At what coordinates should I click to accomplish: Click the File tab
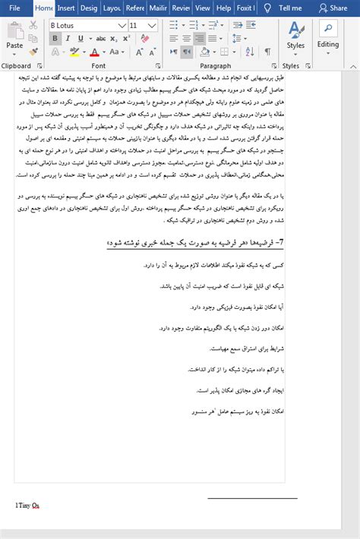pyautogui.click(x=14, y=8)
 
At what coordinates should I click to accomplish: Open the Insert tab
pyautogui.click(x=66, y=8)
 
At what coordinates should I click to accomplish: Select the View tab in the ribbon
pyautogui.click(x=203, y=8)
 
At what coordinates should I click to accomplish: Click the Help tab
pyautogui.click(x=223, y=8)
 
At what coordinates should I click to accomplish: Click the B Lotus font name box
pyautogui.click(x=84, y=25)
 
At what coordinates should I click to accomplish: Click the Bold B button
pyautogui.click(x=55, y=39)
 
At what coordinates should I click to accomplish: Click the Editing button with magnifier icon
pyautogui.click(x=328, y=35)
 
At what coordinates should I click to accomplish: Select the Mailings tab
pyautogui.click(x=159, y=8)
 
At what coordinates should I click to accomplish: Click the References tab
pyautogui.click(x=135, y=8)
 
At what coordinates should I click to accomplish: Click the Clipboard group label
pyautogui.click(x=17, y=66)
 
